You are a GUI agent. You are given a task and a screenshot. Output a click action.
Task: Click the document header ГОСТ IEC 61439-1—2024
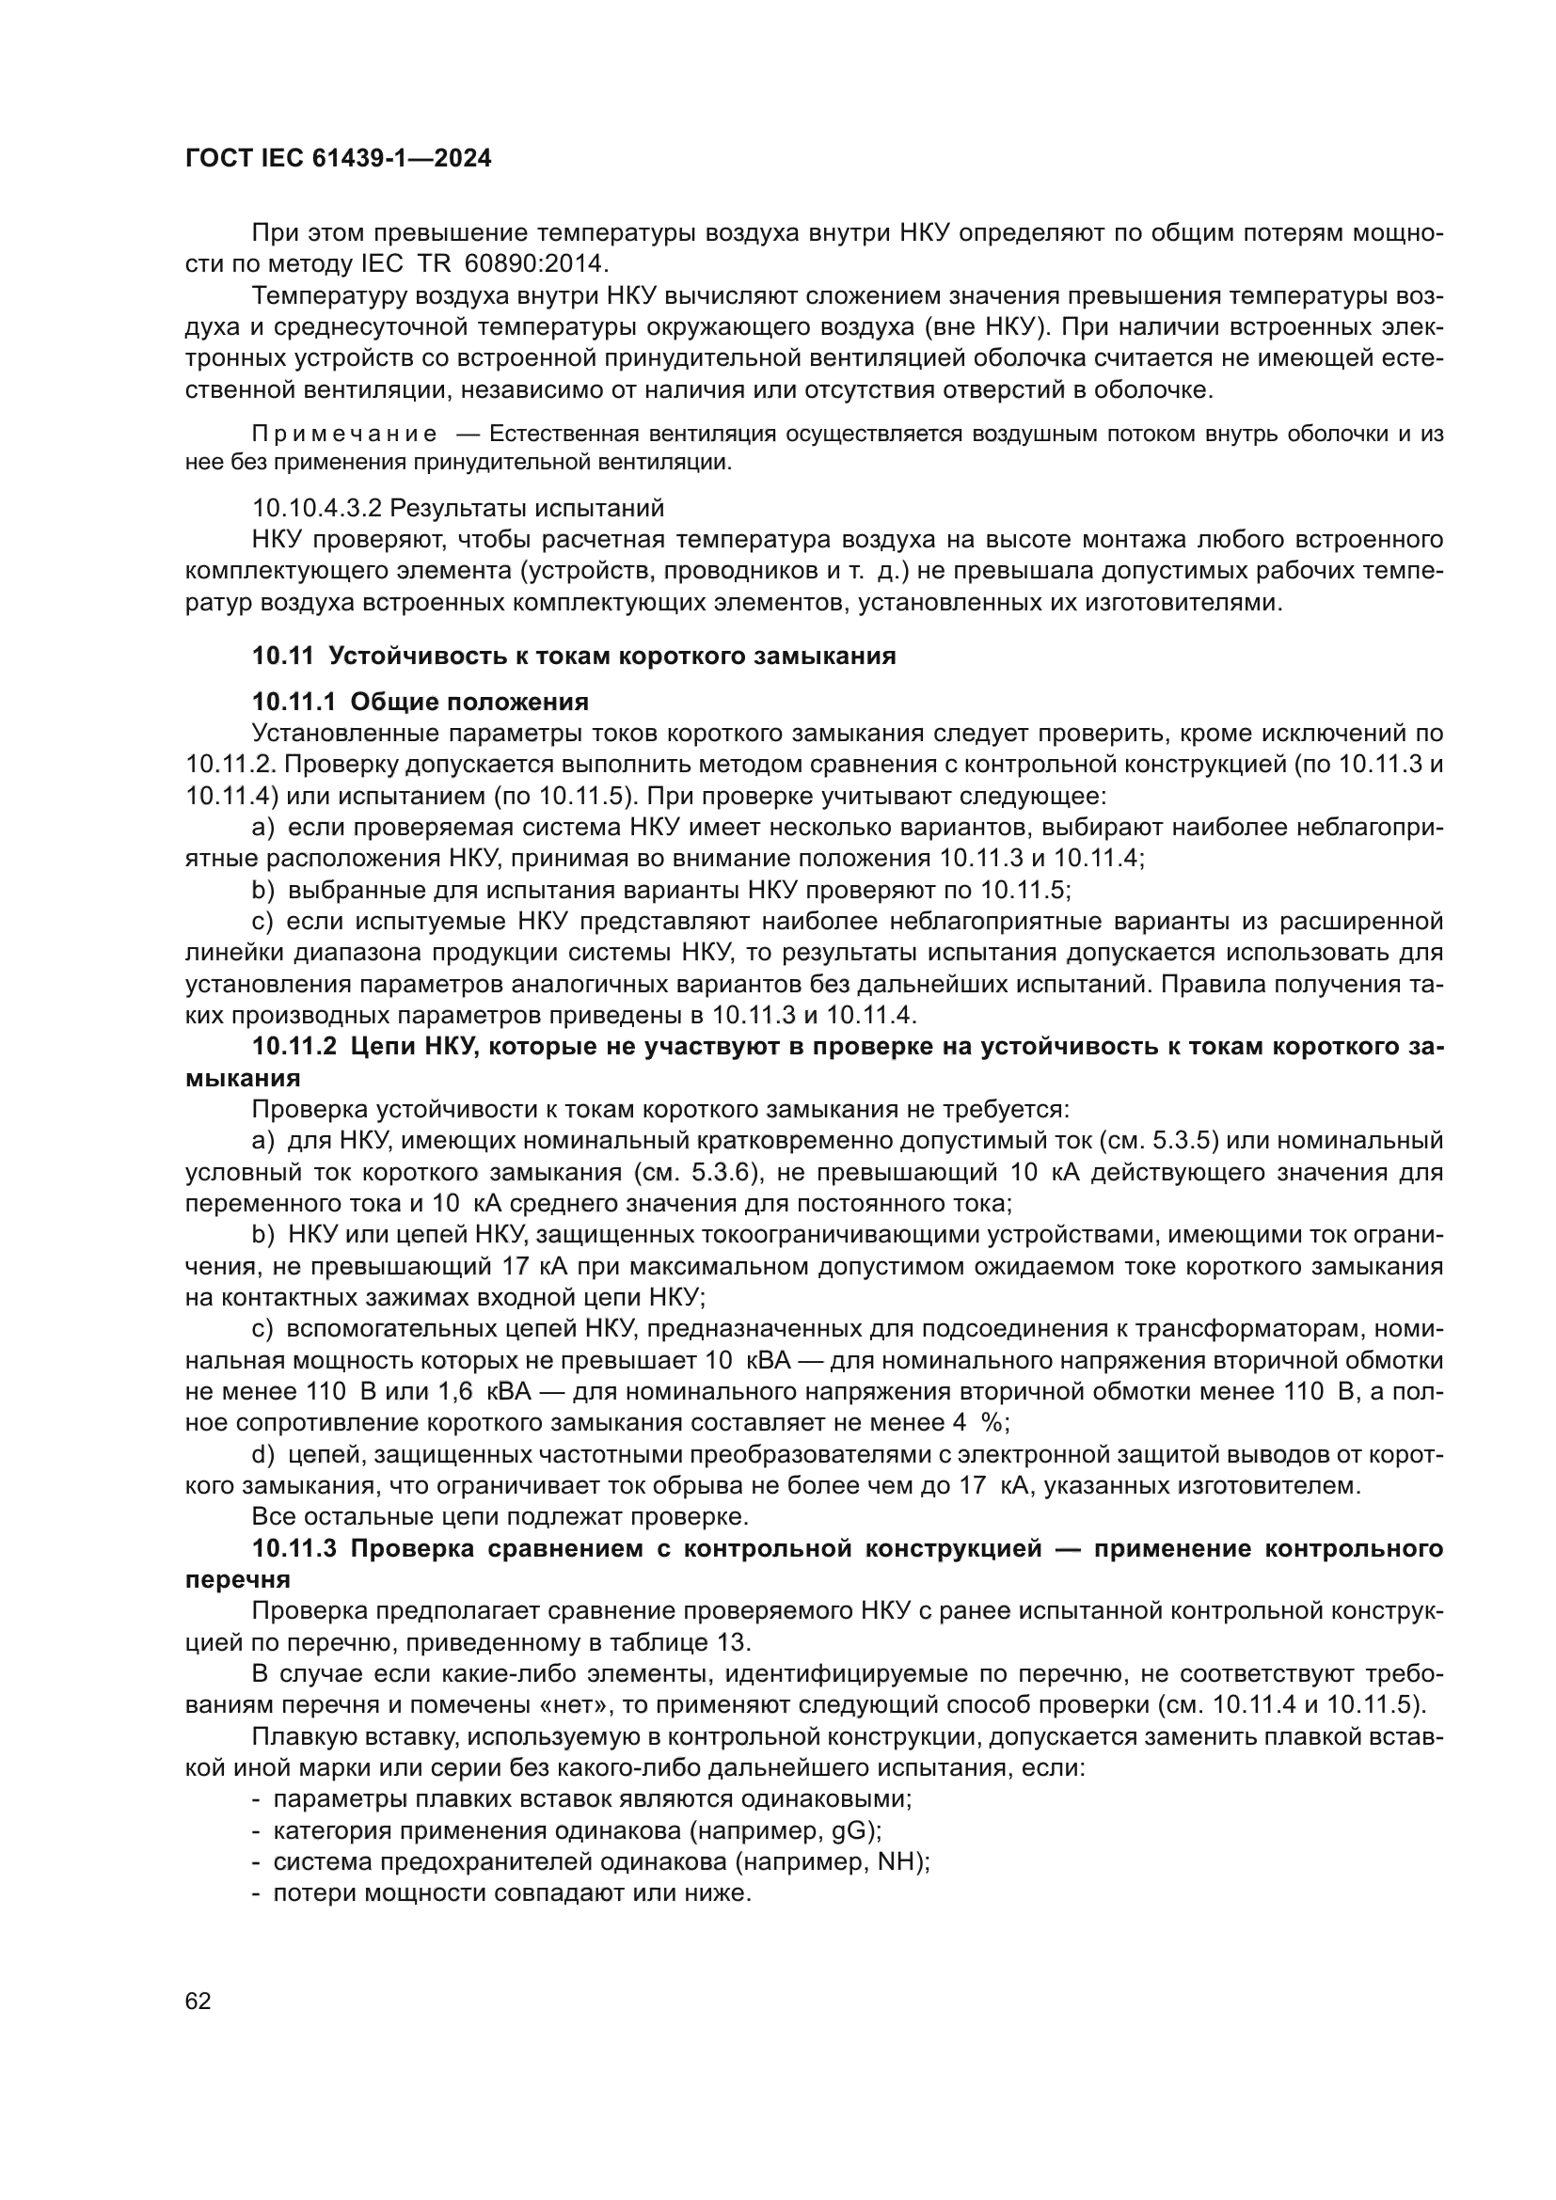coord(339,159)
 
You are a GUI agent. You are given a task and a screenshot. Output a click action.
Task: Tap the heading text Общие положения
coord(469,703)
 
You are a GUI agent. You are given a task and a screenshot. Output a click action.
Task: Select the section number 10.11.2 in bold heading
coord(294,1047)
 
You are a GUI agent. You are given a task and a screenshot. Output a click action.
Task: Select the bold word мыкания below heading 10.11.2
coord(243,1078)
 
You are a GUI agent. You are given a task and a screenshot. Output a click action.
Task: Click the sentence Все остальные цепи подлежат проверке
coord(500,1517)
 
